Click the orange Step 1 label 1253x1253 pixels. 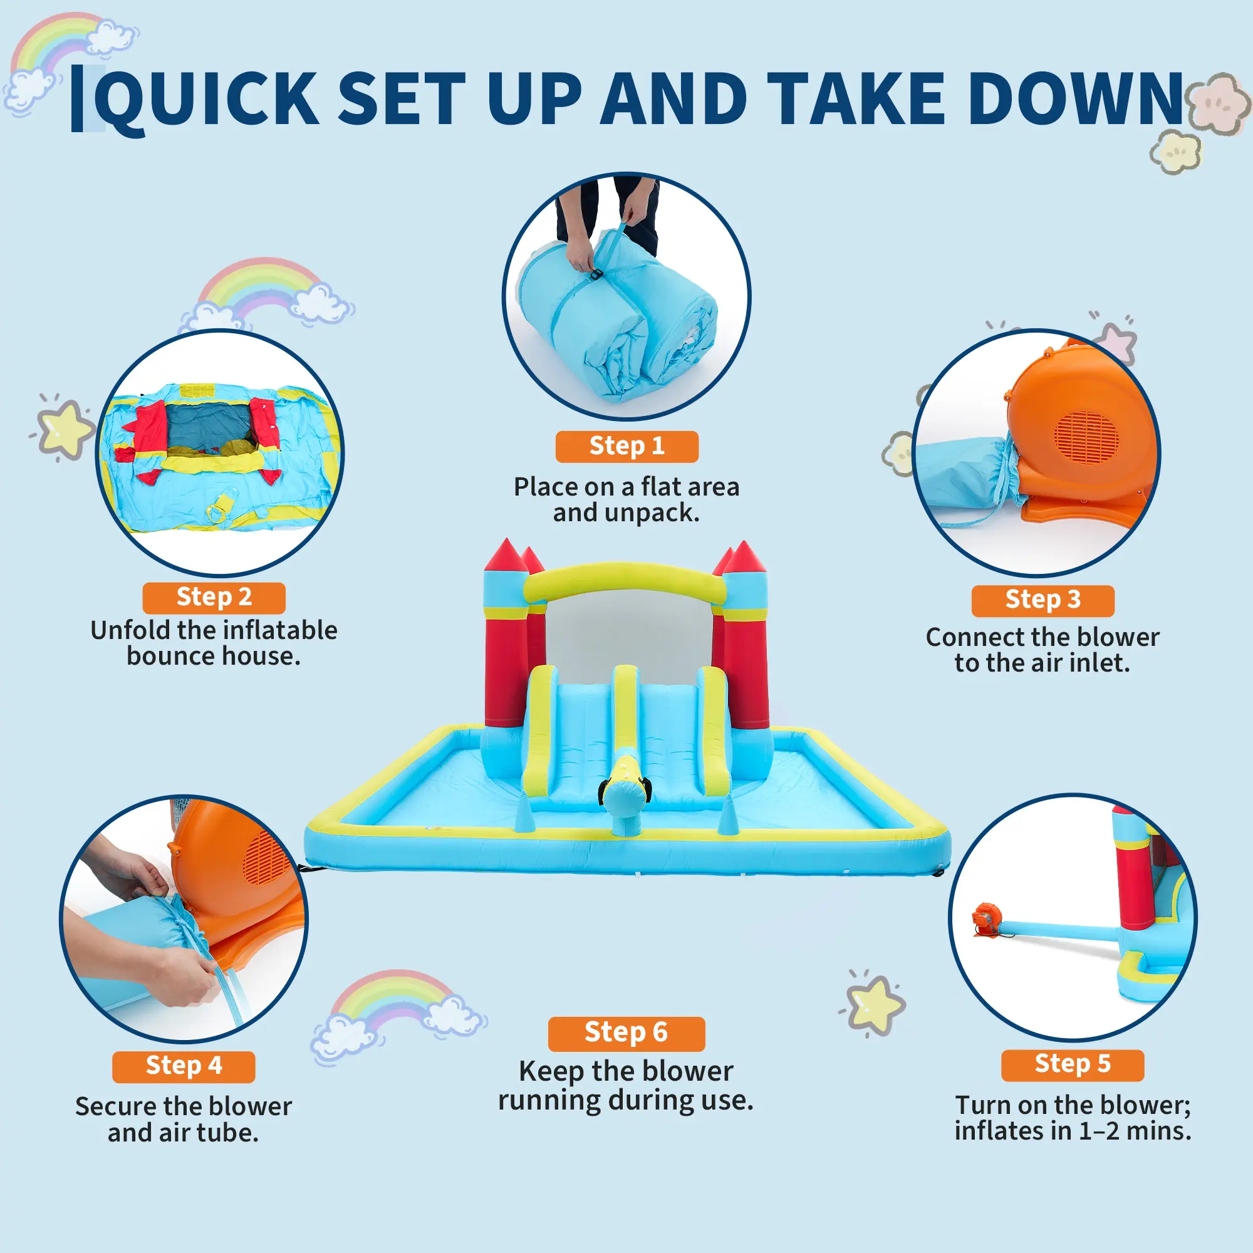(x=626, y=446)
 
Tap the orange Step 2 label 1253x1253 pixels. (x=214, y=597)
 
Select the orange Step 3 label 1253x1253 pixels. (x=1043, y=601)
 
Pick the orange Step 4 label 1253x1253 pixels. (x=184, y=1066)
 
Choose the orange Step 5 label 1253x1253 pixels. (x=1073, y=1064)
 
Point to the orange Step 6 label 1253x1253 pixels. (x=626, y=1033)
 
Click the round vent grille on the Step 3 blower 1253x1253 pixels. (x=1086, y=436)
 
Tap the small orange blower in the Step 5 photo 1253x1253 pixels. (x=987, y=920)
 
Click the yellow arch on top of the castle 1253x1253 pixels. (x=624, y=582)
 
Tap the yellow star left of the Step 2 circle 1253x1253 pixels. (x=64, y=429)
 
